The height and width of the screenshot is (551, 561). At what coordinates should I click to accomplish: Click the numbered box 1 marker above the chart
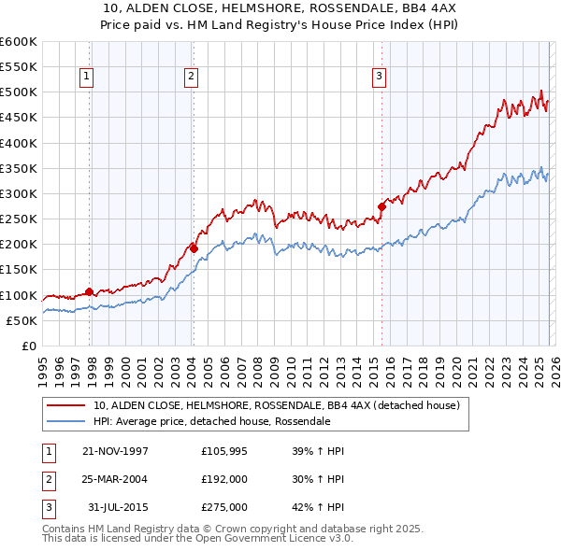coord(86,78)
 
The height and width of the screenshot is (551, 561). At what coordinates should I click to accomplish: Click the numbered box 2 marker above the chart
coord(190,78)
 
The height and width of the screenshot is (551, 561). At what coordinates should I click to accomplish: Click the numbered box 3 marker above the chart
coord(379,78)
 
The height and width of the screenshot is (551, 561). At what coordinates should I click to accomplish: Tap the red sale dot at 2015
coord(381,206)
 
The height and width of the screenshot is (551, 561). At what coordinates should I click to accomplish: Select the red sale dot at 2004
coord(194,248)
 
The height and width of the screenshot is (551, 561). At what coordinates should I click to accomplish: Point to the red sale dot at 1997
coord(90,291)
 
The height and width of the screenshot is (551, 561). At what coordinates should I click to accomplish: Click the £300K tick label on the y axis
coord(19,194)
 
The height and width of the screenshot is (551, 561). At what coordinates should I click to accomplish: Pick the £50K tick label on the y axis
coord(22,320)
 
